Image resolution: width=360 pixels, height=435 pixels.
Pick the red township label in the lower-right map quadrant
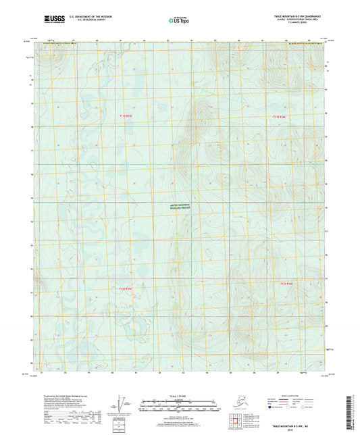pyautogui.click(x=286, y=284)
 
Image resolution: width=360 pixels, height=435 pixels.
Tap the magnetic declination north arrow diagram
pyautogui.click(x=122, y=403)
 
